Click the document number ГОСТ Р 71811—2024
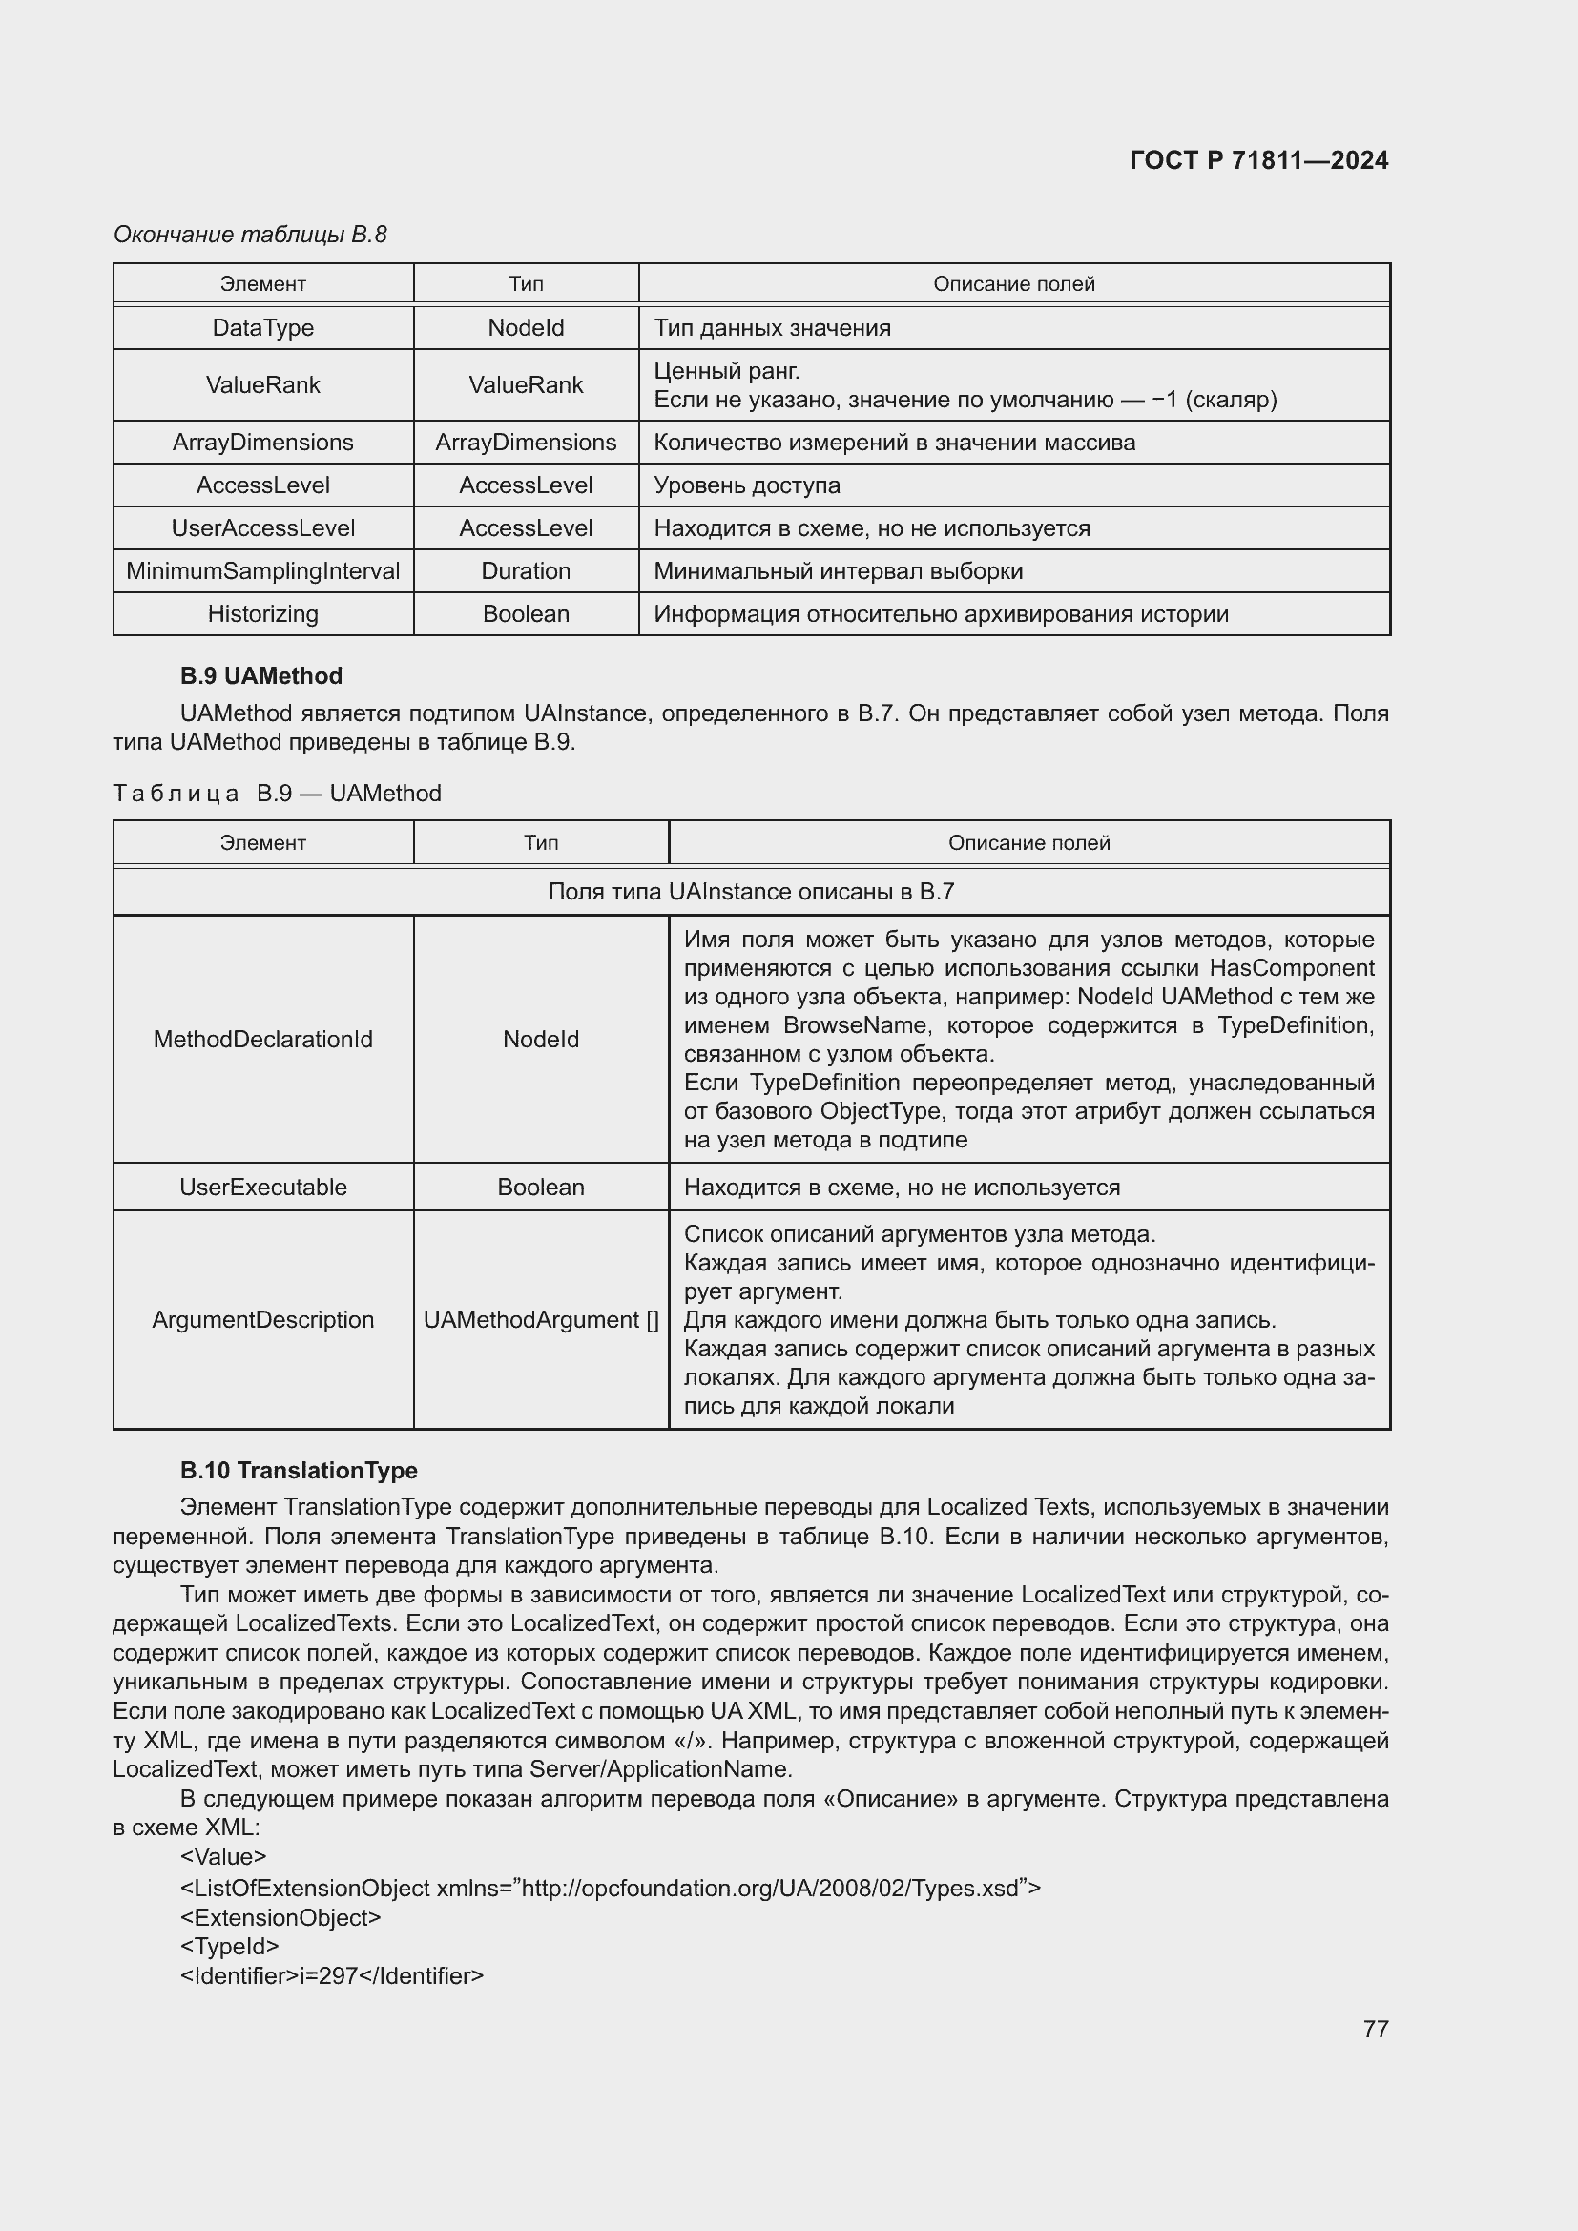[1258, 160]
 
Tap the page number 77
[1375, 2029]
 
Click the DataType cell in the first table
[262, 327]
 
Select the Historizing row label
[262, 614]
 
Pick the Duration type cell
[526, 571]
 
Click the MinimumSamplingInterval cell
[262, 571]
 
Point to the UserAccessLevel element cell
[262, 528]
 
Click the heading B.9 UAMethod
[260, 676]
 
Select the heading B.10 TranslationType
[299, 1470]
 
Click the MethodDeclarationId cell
[262, 1040]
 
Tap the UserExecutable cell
[262, 1188]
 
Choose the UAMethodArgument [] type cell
[540, 1319]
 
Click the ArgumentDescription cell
[262, 1319]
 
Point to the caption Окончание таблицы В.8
[250, 235]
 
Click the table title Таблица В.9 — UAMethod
[277, 794]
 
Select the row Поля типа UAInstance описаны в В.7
[750, 892]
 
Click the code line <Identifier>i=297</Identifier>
[331, 1975]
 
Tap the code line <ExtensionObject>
[280, 1917]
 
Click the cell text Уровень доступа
[746, 485]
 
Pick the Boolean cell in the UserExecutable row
[540, 1188]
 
